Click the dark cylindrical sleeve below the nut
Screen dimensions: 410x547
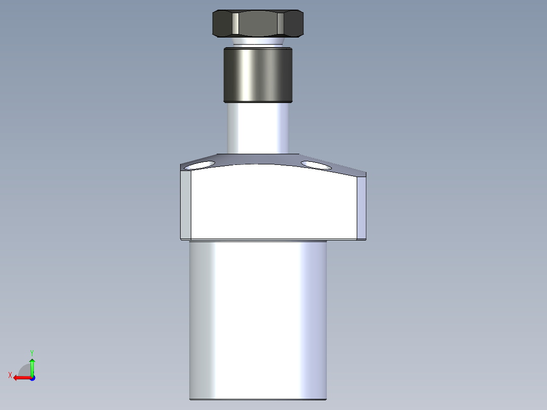tap(258, 75)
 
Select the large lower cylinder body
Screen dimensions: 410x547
tap(258, 320)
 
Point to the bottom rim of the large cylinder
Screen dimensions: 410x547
tap(258, 399)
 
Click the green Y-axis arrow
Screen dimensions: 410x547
tap(32, 366)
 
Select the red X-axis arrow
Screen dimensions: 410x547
tap(21, 378)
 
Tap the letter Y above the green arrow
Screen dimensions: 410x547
tap(32, 352)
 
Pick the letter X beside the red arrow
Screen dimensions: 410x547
tap(10, 375)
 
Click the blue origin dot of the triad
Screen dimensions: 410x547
tap(32, 378)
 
